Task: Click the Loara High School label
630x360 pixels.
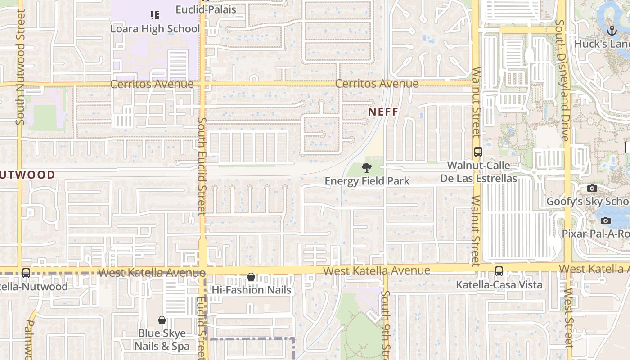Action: point(155,29)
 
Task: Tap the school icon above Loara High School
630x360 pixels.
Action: point(155,16)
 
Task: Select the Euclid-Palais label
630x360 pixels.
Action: point(206,9)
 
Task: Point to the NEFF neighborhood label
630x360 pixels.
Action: point(383,112)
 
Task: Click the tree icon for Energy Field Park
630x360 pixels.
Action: point(367,168)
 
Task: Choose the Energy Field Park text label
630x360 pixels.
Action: point(367,181)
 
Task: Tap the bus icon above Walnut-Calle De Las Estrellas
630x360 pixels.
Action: point(478,152)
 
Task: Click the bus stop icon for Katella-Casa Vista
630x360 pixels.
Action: point(499,271)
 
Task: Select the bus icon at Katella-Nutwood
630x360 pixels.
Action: point(26,273)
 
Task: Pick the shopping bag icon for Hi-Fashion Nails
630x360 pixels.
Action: point(251,277)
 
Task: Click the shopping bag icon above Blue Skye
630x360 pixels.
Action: point(162,320)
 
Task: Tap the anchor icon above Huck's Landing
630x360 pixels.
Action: point(612,31)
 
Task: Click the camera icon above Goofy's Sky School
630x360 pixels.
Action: point(592,188)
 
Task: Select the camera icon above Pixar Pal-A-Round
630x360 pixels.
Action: point(606,220)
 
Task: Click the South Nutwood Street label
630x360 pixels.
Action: point(20,67)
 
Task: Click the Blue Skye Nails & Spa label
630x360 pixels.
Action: point(162,340)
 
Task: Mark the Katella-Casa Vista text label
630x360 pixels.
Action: point(499,285)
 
